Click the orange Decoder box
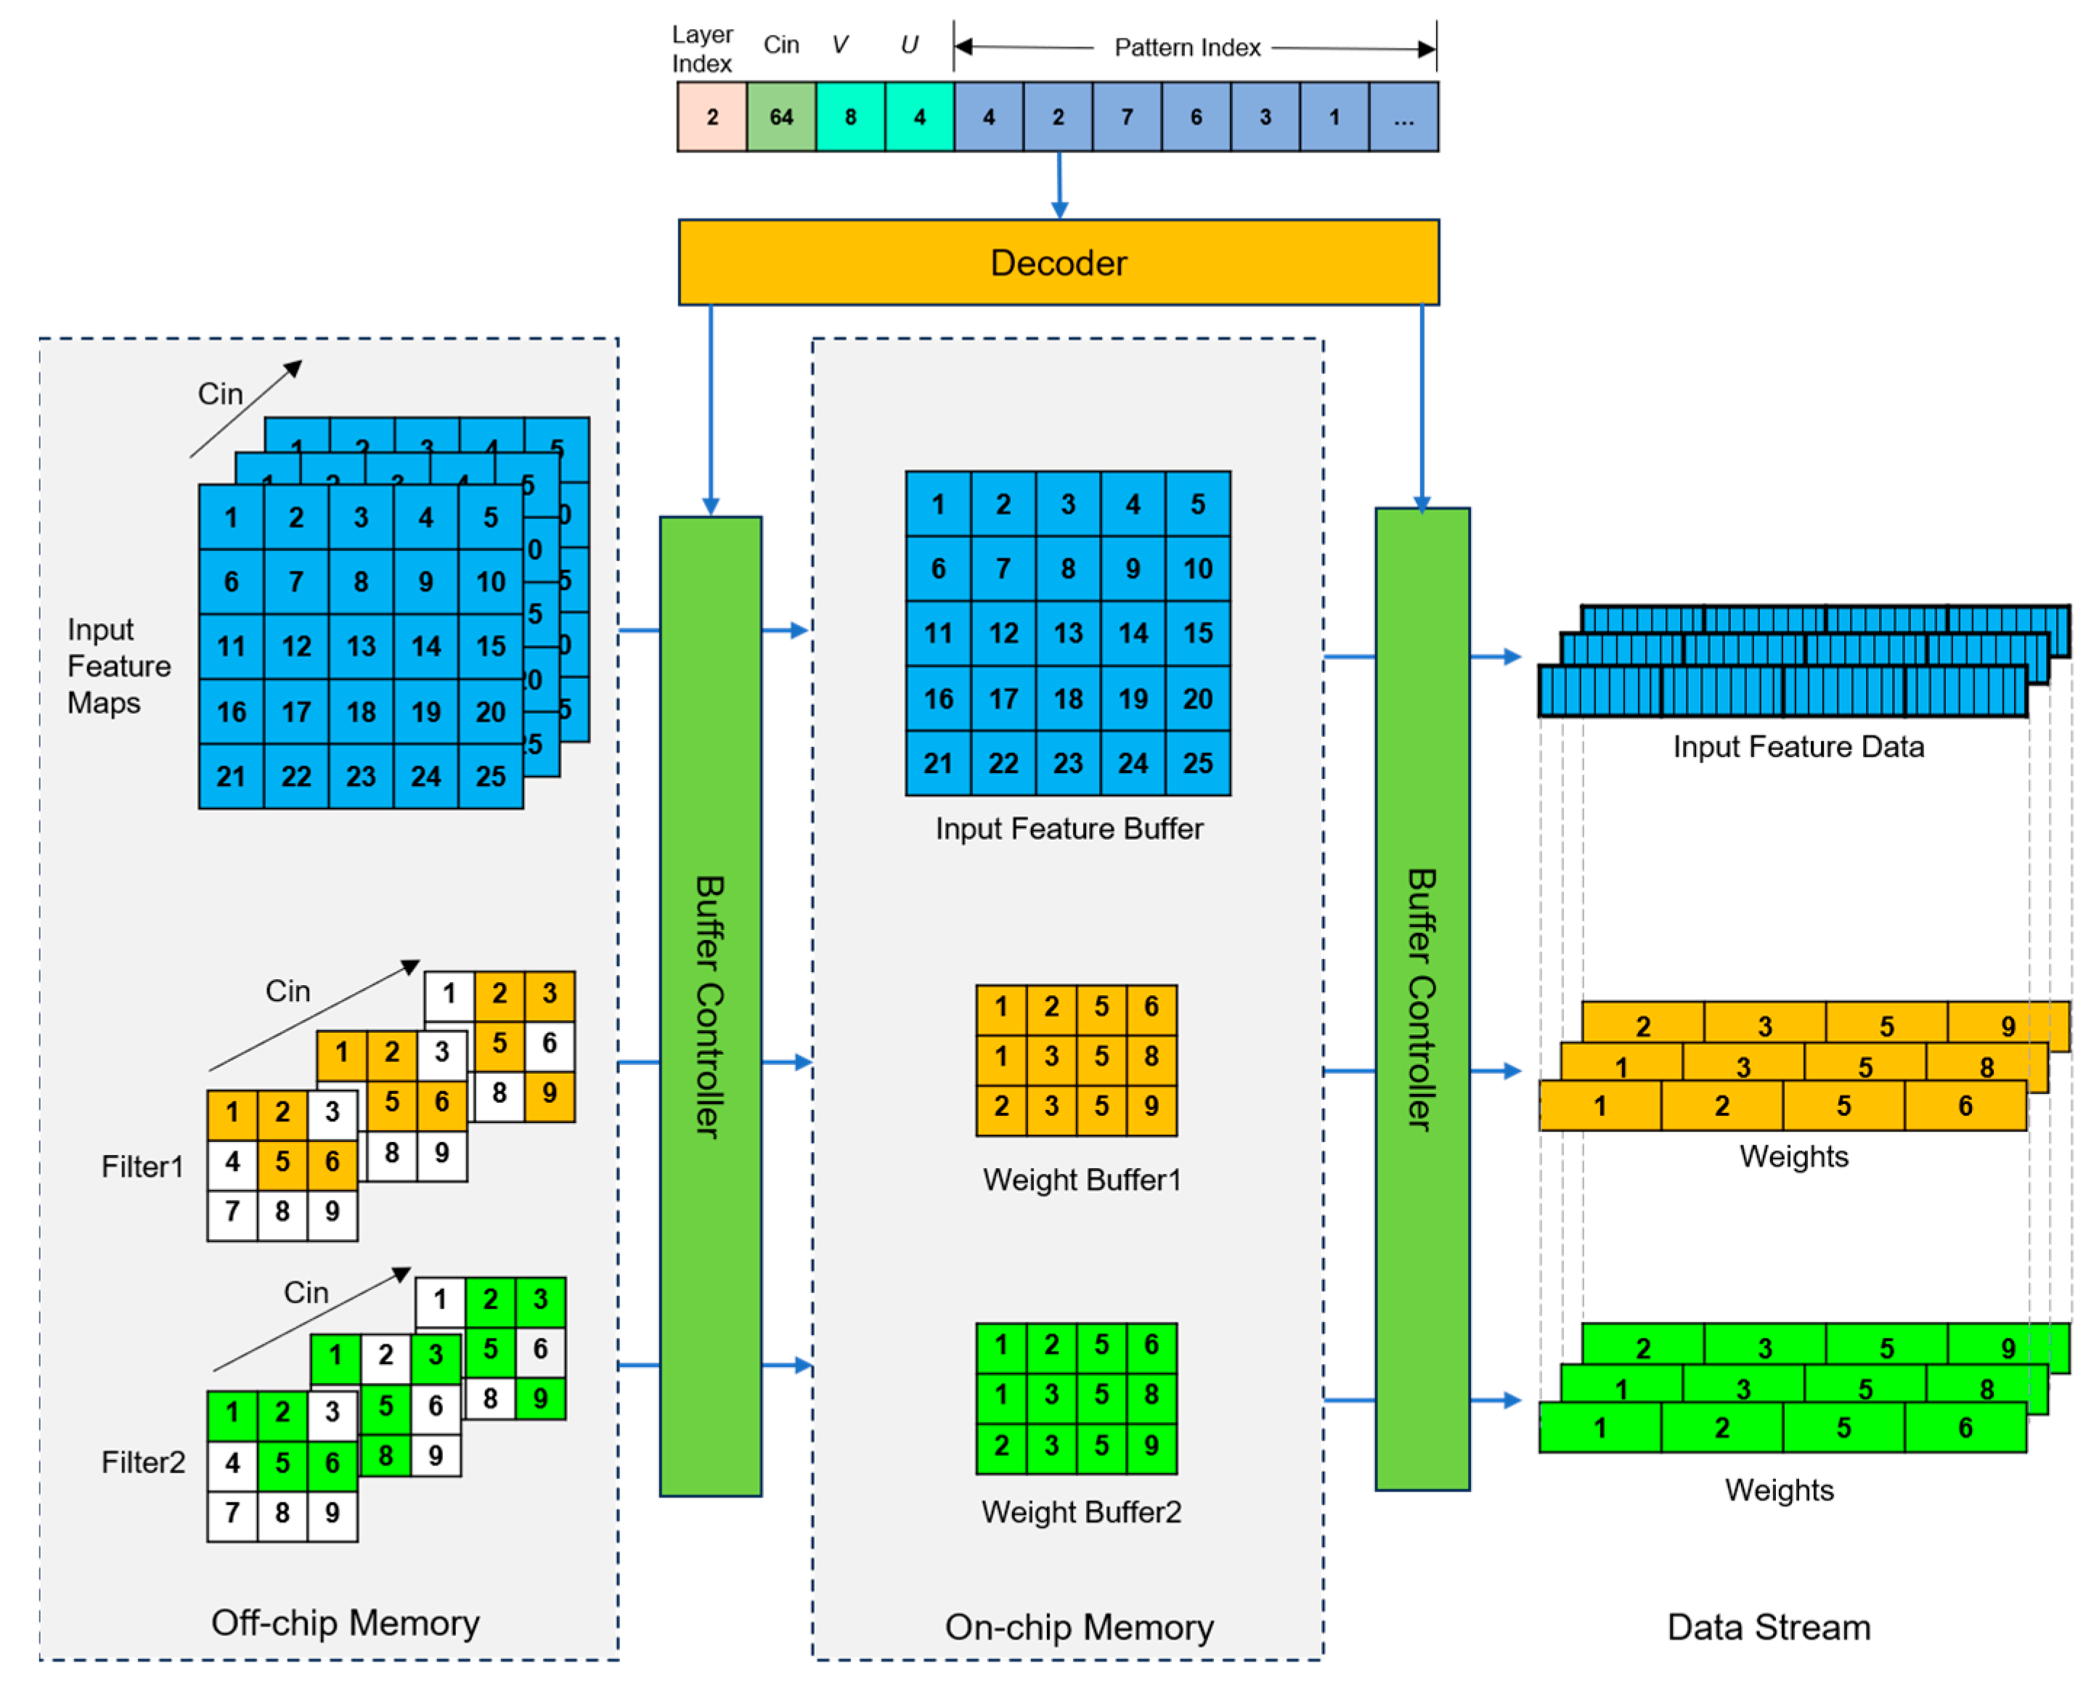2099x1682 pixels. pyautogui.click(x=1059, y=262)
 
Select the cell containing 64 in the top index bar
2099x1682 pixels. pyautogui.click(x=780, y=117)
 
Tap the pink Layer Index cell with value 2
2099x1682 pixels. pyautogui.click(x=712, y=117)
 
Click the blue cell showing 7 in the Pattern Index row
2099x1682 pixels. pyautogui.click(x=1126, y=117)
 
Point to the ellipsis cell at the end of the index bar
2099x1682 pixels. pyautogui.click(x=1403, y=117)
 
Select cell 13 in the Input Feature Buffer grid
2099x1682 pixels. pyautogui.click(x=1068, y=634)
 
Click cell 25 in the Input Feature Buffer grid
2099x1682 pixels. pyautogui.click(x=1197, y=763)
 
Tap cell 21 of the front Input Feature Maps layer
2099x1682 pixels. pyautogui.click(x=231, y=776)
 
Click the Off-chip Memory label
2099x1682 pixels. pyautogui.click(x=345, y=1622)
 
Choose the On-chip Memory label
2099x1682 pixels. pyautogui.click(x=1079, y=1628)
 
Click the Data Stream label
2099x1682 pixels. pyautogui.click(x=1768, y=1628)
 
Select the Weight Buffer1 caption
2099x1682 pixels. pyautogui.click(x=1080, y=1180)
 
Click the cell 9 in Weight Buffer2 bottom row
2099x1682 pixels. pyautogui.click(x=1151, y=1445)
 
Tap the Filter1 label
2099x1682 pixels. pyautogui.click(x=142, y=1166)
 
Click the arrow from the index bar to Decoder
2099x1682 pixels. pyautogui.click(x=1059, y=185)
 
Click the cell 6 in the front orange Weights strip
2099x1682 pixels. pyautogui.click(x=1965, y=1106)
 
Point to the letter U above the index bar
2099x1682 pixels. pyautogui.click(x=908, y=45)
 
